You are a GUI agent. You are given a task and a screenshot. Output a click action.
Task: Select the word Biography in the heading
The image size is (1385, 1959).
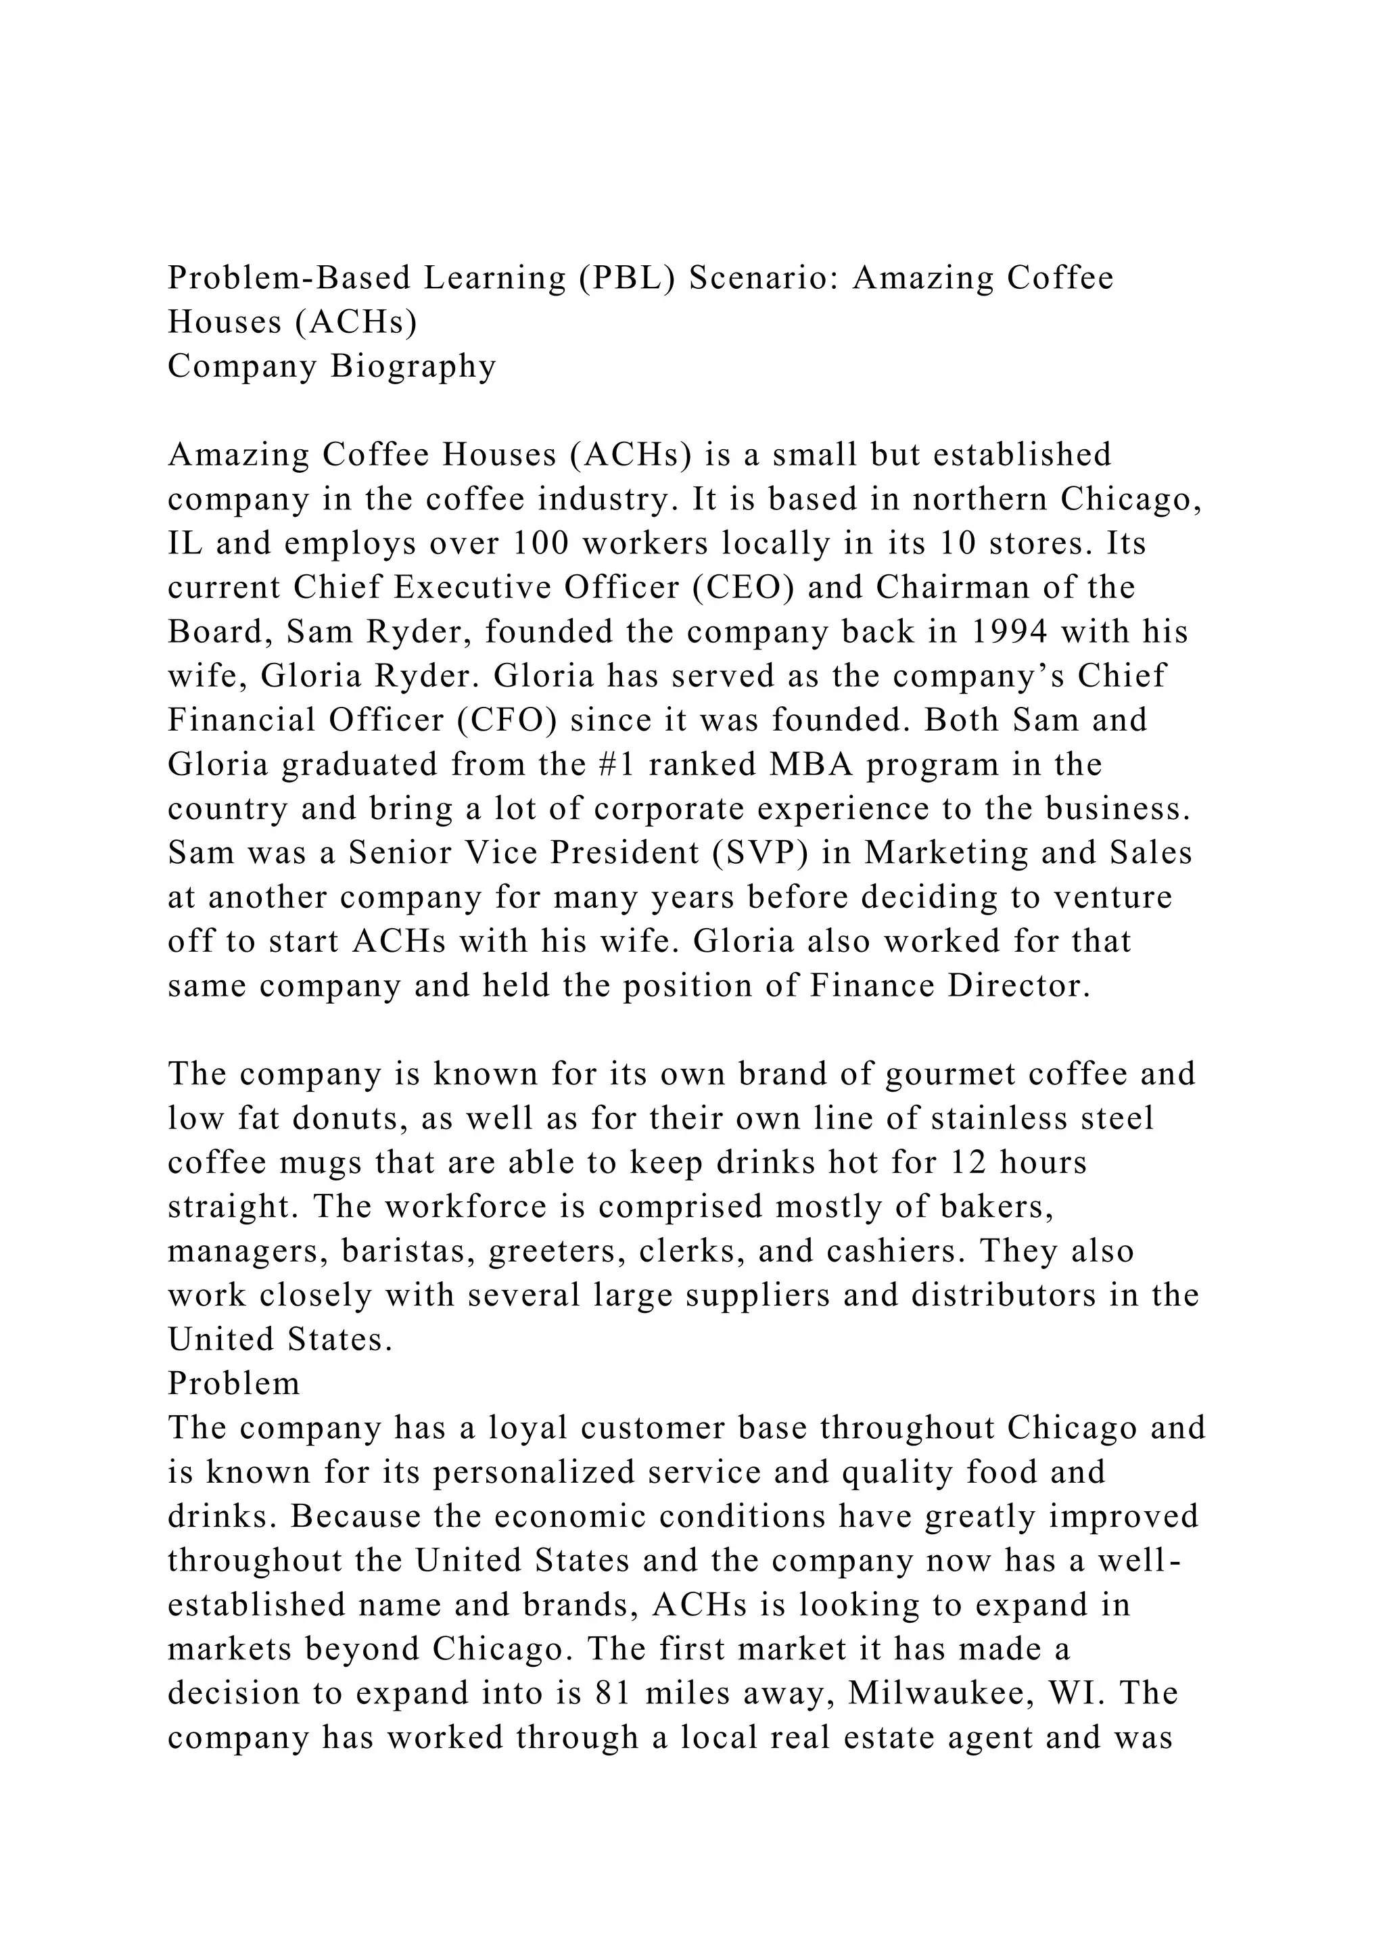[x=414, y=366]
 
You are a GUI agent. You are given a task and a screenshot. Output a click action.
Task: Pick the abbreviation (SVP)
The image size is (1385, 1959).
[x=761, y=852]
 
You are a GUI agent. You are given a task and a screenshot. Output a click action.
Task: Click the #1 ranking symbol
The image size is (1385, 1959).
[x=617, y=764]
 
